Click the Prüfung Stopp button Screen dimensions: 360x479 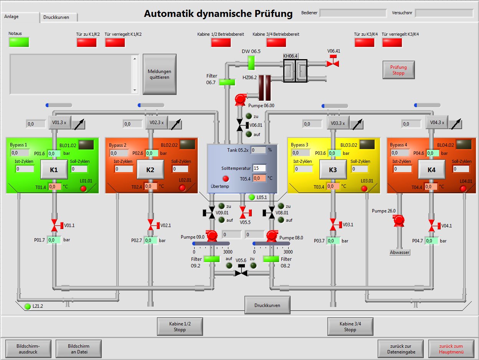pyautogui.click(x=398, y=70)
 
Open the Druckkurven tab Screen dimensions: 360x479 pyautogui.click(x=59, y=17)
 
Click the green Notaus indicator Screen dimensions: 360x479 pyautogui.click(x=19, y=42)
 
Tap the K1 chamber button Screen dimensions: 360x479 pyautogui.click(x=54, y=169)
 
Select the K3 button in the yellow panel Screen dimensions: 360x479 pyautogui.click(x=333, y=169)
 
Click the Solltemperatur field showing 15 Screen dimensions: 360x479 pyautogui.click(x=259, y=168)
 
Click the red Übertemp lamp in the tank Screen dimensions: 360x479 pyautogui.click(x=226, y=179)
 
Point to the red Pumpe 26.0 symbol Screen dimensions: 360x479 pyautogui.click(x=399, y=220)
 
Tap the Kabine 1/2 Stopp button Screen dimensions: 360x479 pyautogui.click(x=180, y=327)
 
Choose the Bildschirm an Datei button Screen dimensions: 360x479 pyautogui.click(x=78, y=349)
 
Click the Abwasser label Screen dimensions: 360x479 pyautogui.click(x=400, y=252)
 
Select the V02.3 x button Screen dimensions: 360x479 pyautogui.click(x=156, y=123)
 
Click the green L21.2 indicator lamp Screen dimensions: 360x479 pyautogui.click(x=27, y=306)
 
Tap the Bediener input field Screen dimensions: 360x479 pyautogui.click(x=353, y=13)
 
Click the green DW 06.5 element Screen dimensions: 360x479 pyautogui.click(x=251, y=63)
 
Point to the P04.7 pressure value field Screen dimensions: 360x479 pyautogui.click(x=432, y=241)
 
